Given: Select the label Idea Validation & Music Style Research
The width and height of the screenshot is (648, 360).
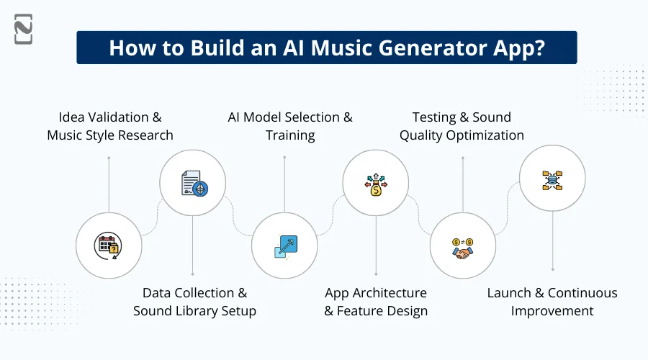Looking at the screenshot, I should tap(110, 126).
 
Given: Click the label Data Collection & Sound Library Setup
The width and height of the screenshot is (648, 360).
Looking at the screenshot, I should tap(194, 302).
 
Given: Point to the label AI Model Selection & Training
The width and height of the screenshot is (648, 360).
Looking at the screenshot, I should tap(290, 126).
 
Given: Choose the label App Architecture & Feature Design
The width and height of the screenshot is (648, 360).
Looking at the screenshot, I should tap(376, 302).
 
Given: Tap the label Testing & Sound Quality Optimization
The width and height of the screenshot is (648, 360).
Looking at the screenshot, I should tap(462, 126).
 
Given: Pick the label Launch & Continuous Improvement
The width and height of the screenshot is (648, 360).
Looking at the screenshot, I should tap(552, 302).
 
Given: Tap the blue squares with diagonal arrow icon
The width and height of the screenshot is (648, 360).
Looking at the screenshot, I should tap(285, 246).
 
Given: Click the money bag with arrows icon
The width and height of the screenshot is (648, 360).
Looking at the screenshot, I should tap(376, 185).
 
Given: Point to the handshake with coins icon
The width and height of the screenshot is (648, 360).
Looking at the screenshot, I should tap(462, 246).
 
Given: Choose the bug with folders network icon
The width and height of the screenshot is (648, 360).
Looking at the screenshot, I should tap(552, 179).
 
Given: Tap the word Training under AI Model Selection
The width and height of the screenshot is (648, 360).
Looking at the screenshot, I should tap(290, 135).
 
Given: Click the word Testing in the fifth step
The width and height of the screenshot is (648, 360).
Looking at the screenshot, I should tap(436, 117).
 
